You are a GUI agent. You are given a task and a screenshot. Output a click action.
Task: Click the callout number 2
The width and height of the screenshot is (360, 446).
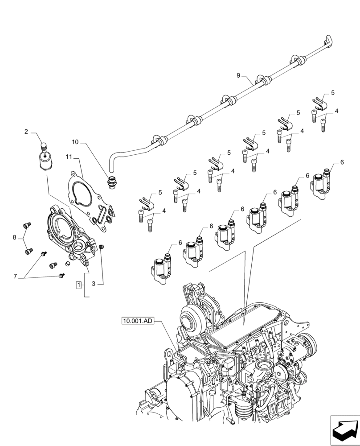26,132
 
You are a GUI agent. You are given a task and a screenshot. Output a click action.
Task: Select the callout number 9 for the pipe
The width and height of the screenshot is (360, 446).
239,75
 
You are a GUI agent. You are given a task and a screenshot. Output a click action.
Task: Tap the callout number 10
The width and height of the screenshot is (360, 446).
75,142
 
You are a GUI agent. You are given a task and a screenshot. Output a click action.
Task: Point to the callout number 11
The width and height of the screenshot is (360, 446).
69,157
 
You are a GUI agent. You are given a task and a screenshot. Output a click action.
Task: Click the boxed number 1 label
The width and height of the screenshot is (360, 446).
78,285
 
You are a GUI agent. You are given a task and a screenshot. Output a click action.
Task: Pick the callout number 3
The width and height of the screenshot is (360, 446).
94,284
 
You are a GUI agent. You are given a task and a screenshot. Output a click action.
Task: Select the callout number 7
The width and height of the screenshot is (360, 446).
15,277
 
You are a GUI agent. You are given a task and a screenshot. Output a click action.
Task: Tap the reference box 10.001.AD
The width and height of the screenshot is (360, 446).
137,320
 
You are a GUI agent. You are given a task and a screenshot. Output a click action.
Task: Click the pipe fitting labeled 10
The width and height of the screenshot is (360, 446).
112,182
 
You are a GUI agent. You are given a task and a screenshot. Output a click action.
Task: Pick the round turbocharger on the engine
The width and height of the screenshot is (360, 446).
191,319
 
